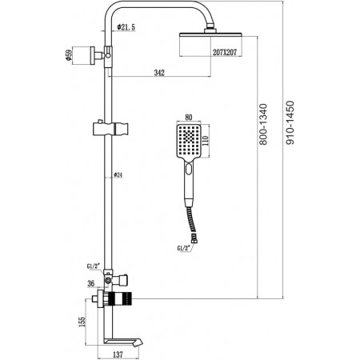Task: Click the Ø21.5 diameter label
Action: [x=126, y=27]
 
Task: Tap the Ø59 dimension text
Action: [x=69, y=55]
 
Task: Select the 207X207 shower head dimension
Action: [x=225, y=52]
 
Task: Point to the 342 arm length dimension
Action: [x=159, y=73]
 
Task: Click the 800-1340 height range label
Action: [x=263, y=124]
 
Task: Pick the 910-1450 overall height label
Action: [x=290, y=122]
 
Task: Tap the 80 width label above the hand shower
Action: [x=188, y=118]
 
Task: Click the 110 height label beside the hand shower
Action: [x=206, y=142]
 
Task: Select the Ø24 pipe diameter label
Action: [x=118, y=175]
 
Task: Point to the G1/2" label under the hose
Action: [x=185, y=248]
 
